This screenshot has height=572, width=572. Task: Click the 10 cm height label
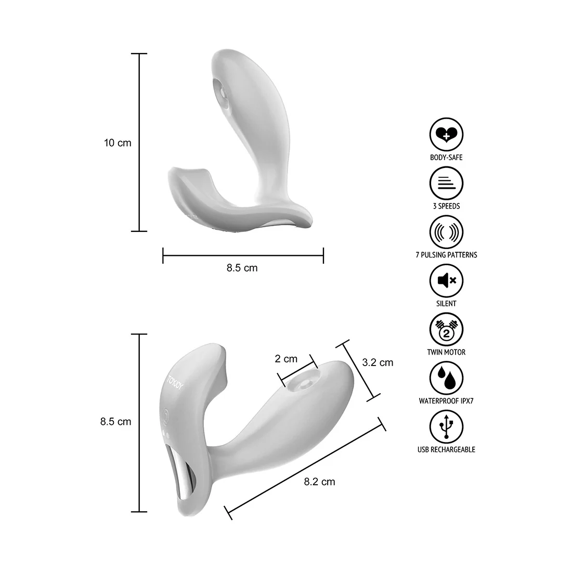pyautogui.click(x=118, y=142)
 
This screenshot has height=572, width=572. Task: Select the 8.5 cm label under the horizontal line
pyautogui.click(x=242, y=268)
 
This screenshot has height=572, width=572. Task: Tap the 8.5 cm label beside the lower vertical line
pyautogui.click(x=115, y=422)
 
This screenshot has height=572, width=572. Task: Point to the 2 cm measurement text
pyautogui.click(x=286, y=359)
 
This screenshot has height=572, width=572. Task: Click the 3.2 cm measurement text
pyautogui.click(x=378, y=362)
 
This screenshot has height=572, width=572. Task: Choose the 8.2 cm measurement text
pyautogui.click(x=319, y=482)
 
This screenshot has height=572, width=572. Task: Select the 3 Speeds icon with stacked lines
pyautogui.click(x=446, y=183)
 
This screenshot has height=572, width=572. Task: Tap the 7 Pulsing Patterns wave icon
pyautogui.click(x=446, y=232)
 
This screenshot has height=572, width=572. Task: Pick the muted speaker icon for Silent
pyautogui.click(x=446, y=281)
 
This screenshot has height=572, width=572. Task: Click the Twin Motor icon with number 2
pyautogui.click(x=446, y=330)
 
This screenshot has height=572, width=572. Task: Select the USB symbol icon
pyautogui.click(x=446, y=427)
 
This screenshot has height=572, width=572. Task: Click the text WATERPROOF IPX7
pyautogui.click(x=446, y=401)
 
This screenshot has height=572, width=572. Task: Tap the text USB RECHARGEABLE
pyautogui.click(x=446, y=449)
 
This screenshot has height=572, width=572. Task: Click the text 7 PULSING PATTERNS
pyautogui.click(x=446, y=255)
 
